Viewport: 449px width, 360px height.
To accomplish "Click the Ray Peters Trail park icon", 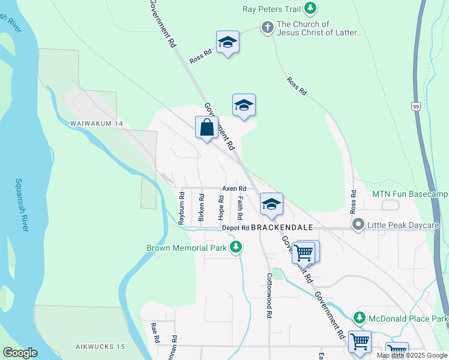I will pyautogui.click(x=310, y=8).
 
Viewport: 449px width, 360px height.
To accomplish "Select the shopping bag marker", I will pyautogui.click(x=206, y=128).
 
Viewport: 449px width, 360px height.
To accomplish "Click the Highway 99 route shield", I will pyautogui.click(x=415, y=106).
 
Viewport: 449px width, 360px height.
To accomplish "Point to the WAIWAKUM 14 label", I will pyautogui.click(x=97, y=123).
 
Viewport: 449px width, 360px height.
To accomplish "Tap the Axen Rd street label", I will pyautogui.click(x=234, y=188).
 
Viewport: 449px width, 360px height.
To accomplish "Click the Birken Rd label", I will pyautogui.click(x=201, y=206).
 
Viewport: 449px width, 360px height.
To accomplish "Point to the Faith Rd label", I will pyautogui.click(x=240, y=208).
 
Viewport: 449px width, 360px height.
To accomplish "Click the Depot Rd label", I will pyautogui.click(x=235, y=228).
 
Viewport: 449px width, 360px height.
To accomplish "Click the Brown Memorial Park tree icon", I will pyautogui.click(x=237, y=247).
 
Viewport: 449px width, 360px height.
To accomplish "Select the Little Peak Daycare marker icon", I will pyautogui.click(x=359, y=225).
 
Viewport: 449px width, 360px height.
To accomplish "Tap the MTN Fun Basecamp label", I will pyautogui.click(x=410, y=194).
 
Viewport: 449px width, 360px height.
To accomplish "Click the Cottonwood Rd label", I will pyautogui.click(x=270, y=296).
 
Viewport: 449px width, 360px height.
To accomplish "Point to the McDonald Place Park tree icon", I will pyautogui.click(x=359, y=317).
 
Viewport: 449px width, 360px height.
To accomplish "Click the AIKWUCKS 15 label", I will pyautogui.click(x=100, y=347).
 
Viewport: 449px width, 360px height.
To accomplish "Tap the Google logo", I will pyautogui.click(x=20, y=353).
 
